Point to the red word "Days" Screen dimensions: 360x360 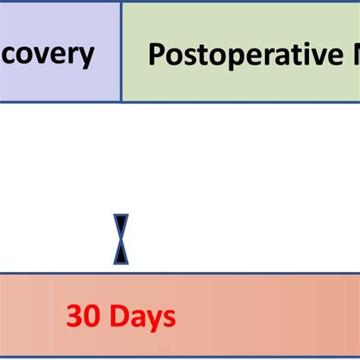(x=142, y=316)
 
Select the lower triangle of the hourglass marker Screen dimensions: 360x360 (x=121, y=253)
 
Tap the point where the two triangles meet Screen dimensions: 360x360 (x=121, y=239)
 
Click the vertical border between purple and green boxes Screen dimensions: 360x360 (x=121, y=52)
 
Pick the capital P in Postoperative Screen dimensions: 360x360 (x=156, y=55)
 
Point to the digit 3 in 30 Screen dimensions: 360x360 (x=74, y=316)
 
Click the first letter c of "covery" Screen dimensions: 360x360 (x=8, y=55)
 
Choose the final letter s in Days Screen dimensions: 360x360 (x=169, y=318)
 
